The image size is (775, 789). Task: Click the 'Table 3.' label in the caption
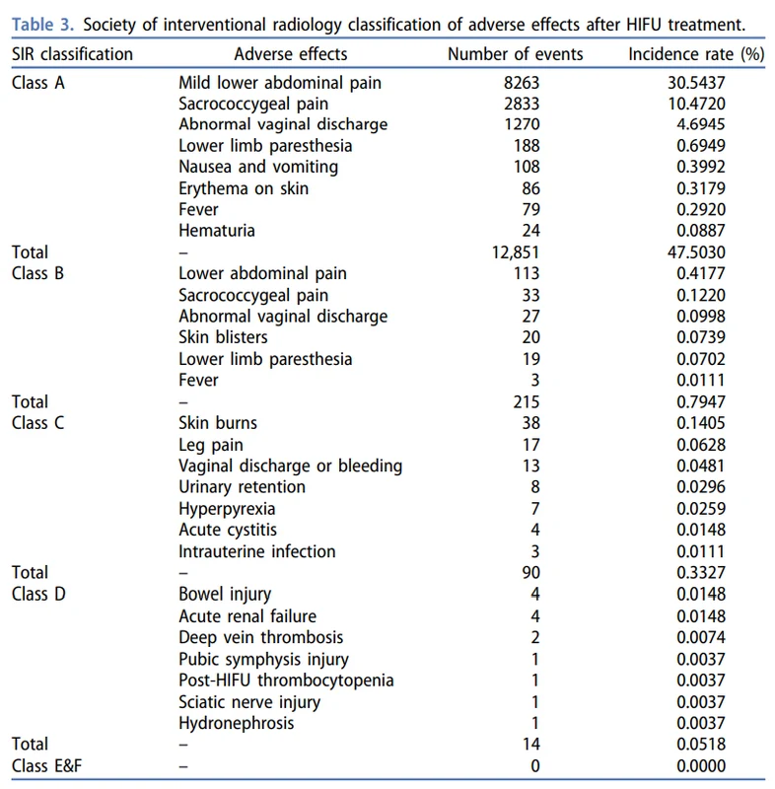(42, 24)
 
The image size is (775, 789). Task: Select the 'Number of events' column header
(515, 54)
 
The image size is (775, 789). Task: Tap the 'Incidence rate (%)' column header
(696, 54)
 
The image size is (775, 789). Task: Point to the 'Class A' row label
(38, 83)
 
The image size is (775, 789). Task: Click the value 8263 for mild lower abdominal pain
(522, 83)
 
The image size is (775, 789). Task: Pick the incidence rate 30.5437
(696, 83)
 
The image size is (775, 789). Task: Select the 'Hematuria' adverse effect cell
(217, 231)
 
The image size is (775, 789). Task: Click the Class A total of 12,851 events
(515, 252)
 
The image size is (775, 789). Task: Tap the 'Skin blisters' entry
(223, 337)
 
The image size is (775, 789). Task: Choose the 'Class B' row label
(37, 273)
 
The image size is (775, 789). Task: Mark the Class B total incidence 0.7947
(701, 401)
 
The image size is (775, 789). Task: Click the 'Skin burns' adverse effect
(218, 423)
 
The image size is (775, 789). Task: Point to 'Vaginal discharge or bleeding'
(291, 466)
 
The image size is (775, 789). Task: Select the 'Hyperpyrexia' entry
(227, 509)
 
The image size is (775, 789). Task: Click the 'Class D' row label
(38, 594)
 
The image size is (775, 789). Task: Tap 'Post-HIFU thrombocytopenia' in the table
(286, 681)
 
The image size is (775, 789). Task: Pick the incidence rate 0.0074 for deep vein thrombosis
(701, 637)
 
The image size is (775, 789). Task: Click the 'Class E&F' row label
(46, 766)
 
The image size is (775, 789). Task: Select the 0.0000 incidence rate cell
(701, 766)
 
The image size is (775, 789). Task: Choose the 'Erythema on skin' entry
(244, 188)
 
